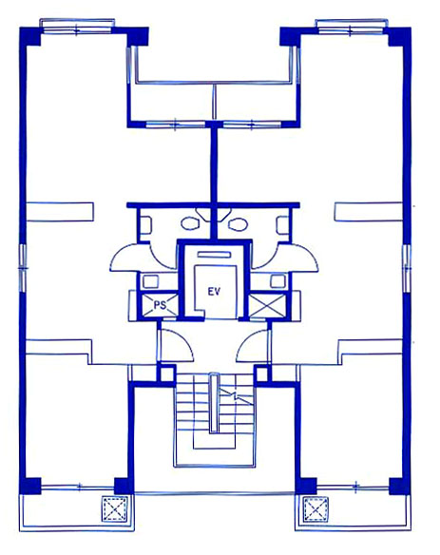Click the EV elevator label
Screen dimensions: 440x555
click(x=214, y=292)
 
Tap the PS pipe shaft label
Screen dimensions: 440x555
click(x=160, y=305)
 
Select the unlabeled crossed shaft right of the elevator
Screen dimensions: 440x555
click(x=266, y=305)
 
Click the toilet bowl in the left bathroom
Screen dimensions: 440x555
click(x=189, y=223)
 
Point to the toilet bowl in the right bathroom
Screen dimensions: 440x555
click(x=237, y=223)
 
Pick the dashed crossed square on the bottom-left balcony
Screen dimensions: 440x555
click(x=114, y=509)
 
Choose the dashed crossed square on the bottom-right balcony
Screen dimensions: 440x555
click(x=316, y=509)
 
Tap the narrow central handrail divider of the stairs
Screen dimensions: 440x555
click(x=213, y=404)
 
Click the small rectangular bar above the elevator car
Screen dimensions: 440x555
click(x=214, y=255)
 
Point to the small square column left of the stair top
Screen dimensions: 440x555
click(x=166, y=373)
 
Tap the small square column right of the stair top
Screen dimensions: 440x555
click(x=262, y=373)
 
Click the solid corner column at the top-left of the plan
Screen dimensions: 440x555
click(x=30, y=36)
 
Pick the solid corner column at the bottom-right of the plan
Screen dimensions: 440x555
click(x=399, y=487)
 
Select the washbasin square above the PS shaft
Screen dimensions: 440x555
click(x=150, y=281)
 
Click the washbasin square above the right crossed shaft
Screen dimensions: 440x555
click(x=277, y=281)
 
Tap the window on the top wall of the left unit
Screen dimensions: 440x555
click(x=77, y=28)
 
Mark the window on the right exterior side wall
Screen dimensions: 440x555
click(x=407, y=268)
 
